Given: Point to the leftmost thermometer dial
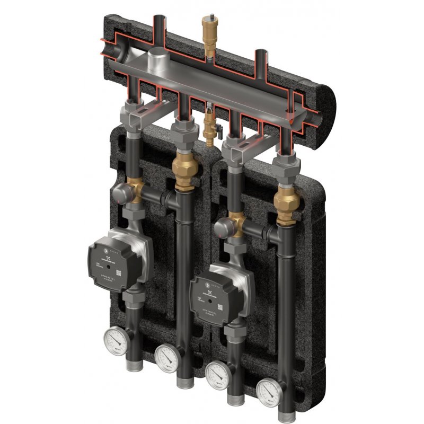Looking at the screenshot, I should pyautogui.click(x=115, y=340).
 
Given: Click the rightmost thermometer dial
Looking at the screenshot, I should pyautogui.click(x=269, y=392).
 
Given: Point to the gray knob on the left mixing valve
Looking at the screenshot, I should pyautogui.click(x=119, y=192).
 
